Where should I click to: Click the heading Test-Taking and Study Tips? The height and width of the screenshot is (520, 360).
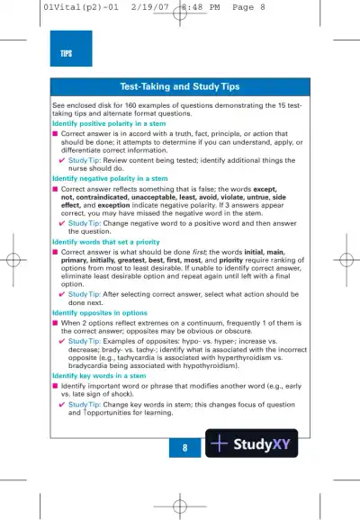[x=180, y=86]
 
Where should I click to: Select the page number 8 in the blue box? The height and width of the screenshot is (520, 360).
[x=184, y=447]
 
